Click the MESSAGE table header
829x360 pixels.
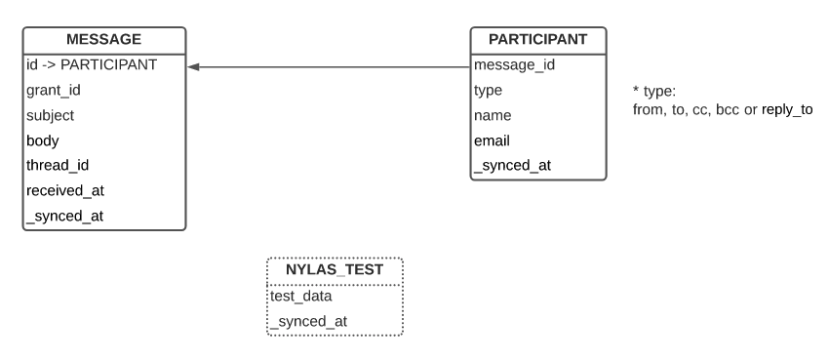[103, 39]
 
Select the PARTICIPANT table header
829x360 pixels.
[537, 39]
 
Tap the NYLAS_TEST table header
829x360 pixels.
[335, 269]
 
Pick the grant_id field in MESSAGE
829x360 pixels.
[54, 90]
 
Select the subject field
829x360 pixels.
[51, 115]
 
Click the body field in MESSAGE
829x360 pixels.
[43, 140]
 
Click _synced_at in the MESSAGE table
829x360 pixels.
[64, 216]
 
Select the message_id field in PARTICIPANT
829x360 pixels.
[514, 64]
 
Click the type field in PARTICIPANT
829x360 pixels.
[488, 90]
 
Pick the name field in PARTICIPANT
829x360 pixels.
[493, 115]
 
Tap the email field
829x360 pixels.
[492, 140]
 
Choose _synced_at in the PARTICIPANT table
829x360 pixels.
[512, 165]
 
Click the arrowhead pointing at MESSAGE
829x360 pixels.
[193, 67]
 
